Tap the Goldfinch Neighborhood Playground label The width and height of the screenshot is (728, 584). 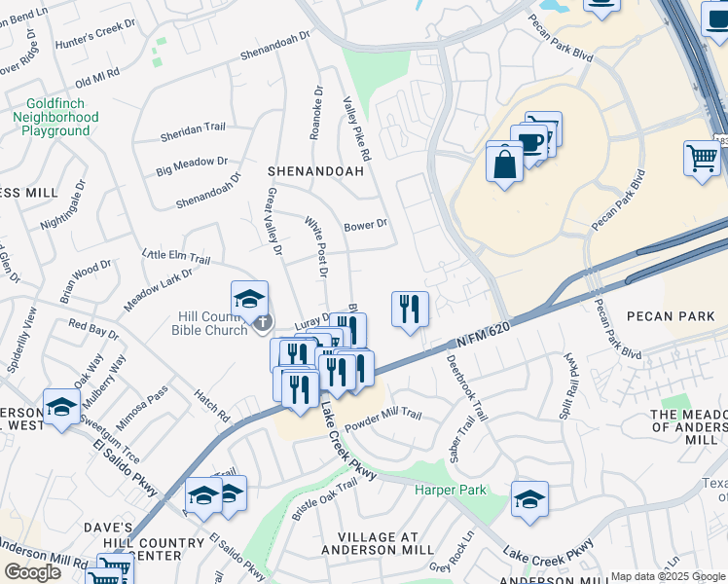(x=55, y=116)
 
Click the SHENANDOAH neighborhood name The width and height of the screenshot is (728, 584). (x=315, y=171)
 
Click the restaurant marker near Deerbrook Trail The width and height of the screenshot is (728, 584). (x=410, y=310)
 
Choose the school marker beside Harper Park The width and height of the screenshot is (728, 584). (x=529, y=499)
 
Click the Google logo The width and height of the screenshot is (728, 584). (x=32, y=572)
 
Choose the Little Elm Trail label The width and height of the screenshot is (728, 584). (x=176, y=257)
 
